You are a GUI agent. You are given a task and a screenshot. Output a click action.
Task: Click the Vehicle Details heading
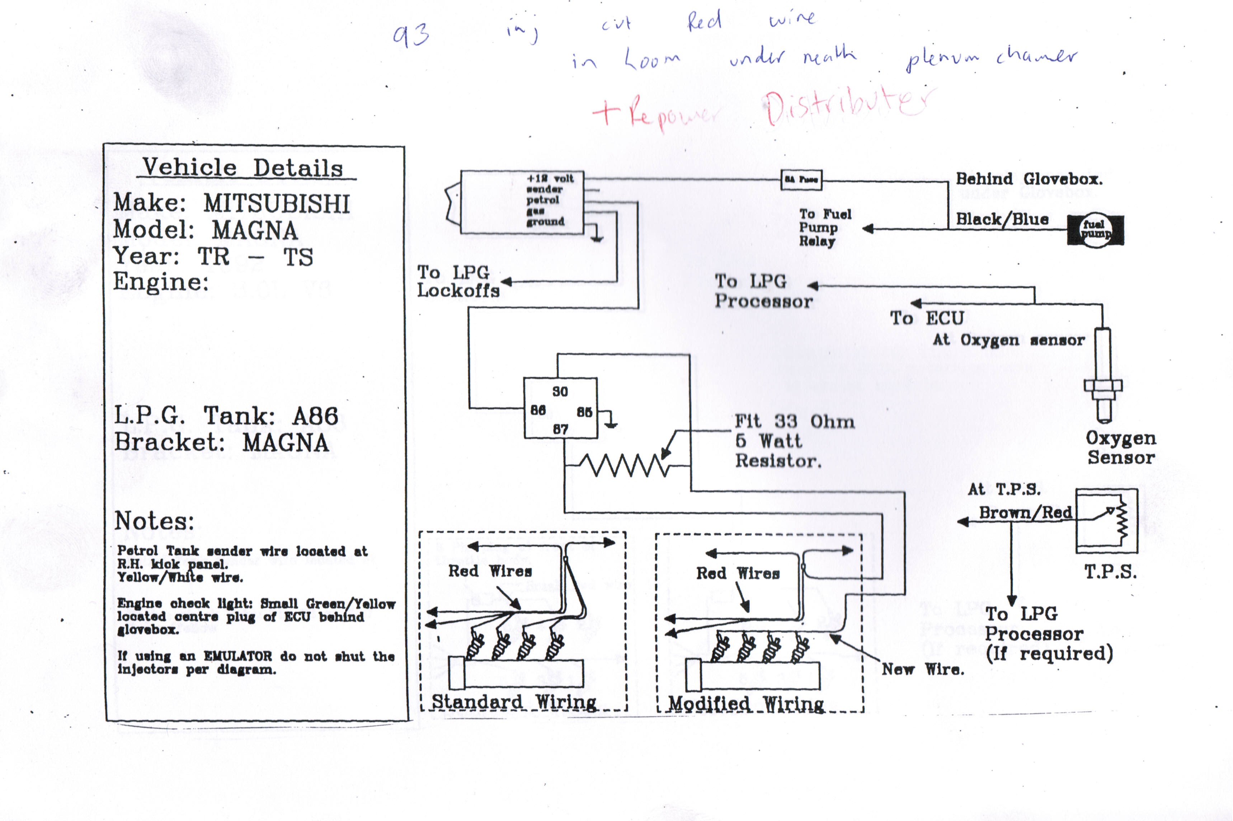coord(243,168)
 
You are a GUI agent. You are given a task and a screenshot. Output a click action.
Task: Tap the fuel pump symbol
coord(1095,230)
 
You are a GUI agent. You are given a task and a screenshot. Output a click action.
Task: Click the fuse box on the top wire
coord(801,179)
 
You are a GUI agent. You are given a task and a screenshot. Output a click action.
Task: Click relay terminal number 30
coord(560,391)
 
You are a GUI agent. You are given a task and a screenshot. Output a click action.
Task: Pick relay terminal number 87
coord(560,430)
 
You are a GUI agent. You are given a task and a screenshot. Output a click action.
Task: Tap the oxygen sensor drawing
coord(1103,374)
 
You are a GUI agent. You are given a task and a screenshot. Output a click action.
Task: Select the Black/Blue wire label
coord(1002,219)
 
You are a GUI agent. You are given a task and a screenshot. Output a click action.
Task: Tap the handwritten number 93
coord(411,36)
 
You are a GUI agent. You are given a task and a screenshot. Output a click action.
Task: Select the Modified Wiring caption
coord(746,704)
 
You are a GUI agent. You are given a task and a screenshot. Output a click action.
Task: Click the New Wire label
coord(923,669)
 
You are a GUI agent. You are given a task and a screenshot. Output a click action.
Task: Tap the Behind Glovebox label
coord(1029,179)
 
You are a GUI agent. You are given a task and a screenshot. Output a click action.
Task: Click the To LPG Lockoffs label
coord(458,281)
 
